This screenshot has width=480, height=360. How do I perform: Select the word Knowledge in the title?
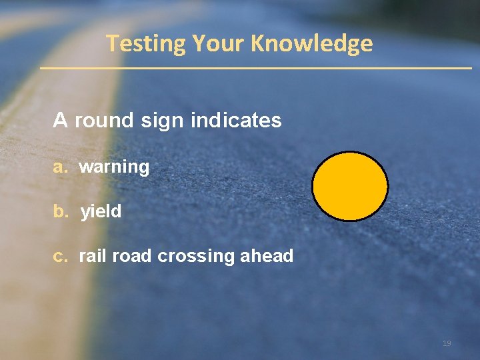point(312,43)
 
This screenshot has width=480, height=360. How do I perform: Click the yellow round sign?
point(350,186)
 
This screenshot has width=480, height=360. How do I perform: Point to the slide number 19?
point(447,343)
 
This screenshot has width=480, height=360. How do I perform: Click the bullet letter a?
point(60,167)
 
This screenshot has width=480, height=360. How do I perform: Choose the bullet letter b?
point(60,211)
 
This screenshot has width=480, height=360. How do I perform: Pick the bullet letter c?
point(60,256)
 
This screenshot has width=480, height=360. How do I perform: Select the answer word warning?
point(114,167)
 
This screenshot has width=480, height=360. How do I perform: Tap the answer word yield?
point(101,212)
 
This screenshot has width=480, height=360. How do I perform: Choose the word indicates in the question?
point(236,121)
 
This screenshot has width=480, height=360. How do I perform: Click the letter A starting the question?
point(61,121)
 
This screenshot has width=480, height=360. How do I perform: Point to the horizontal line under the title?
point(255,68)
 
